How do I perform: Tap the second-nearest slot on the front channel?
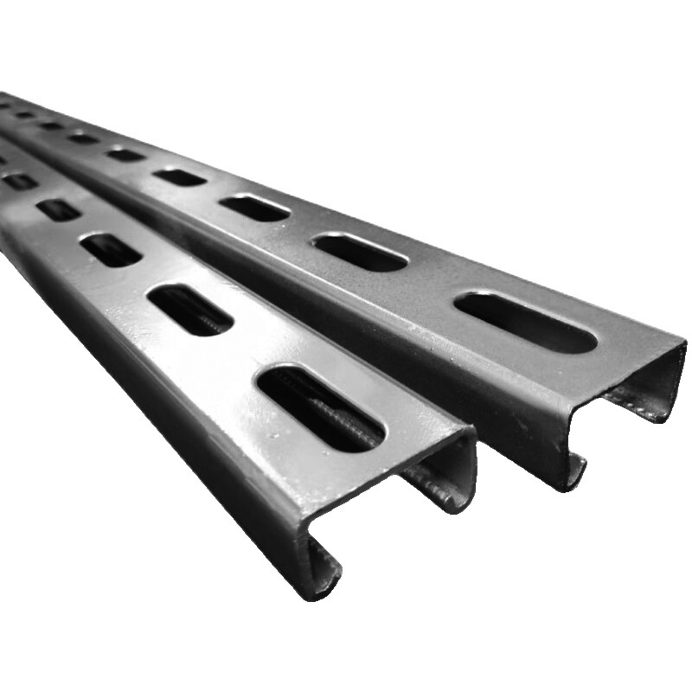[x=189, y=309]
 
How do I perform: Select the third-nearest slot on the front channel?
[x=111, y=250]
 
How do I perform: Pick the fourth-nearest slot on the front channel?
[x=59, y=210]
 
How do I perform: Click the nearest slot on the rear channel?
[x=526, y=323]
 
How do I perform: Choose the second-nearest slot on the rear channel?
[x=360, y=252]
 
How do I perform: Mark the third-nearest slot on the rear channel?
[x=253, y=208]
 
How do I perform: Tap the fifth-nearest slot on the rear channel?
[x=126, y=155]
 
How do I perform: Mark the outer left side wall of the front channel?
[x=173, y=415]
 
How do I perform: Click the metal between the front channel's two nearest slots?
[x=251, y=355]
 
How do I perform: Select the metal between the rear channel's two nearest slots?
[x=441, y=285]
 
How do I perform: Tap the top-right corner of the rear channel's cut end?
[x=682, y=346]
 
